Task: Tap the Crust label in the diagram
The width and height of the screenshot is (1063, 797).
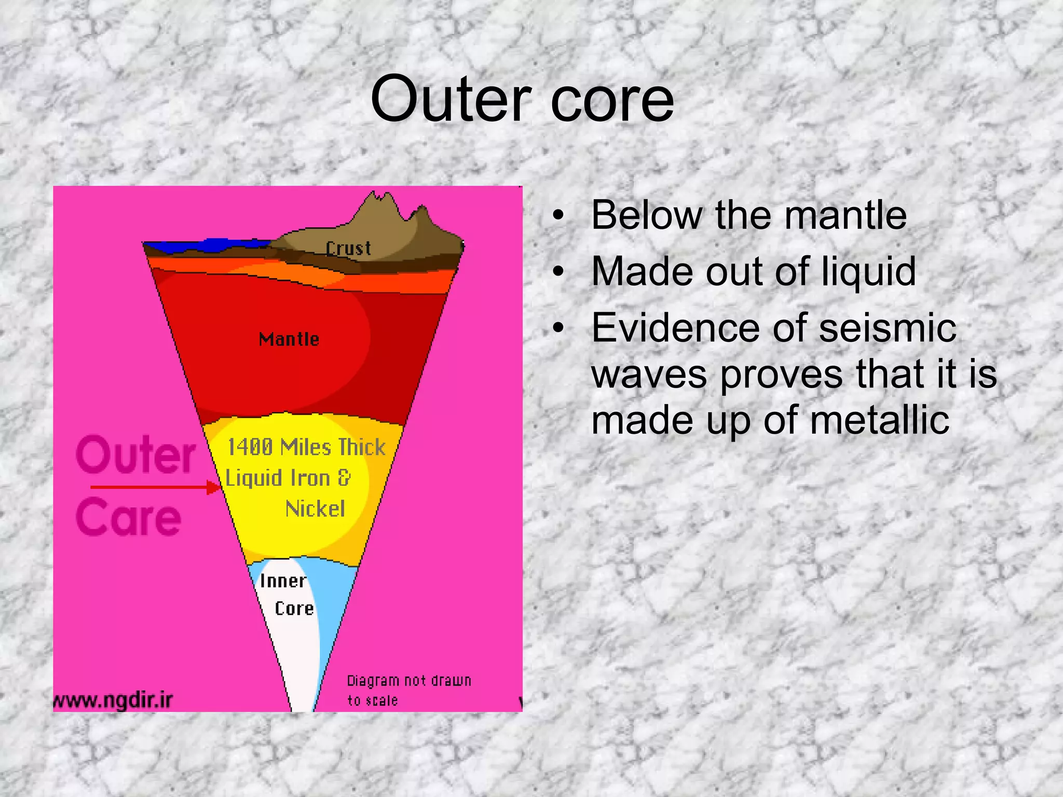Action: point(348,249)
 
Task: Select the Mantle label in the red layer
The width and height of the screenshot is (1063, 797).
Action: point(289,339)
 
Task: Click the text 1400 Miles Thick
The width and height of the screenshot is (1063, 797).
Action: point(306,447)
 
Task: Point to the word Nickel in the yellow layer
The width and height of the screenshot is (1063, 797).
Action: point(315,509)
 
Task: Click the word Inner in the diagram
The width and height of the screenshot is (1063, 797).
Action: point(283,581)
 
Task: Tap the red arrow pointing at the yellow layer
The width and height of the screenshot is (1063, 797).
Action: point(156,487)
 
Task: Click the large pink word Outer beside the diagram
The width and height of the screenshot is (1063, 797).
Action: point(136,455)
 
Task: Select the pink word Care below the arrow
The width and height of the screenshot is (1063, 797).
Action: point(129,517)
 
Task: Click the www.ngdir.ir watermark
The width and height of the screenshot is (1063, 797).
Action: point(113,700)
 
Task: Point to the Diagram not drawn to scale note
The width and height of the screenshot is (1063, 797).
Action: point(408,690)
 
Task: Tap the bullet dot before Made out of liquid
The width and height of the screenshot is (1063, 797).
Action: point(558,271)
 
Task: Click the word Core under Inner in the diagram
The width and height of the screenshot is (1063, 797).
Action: point(294,609)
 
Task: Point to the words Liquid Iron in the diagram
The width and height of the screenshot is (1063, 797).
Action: point(278,478)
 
